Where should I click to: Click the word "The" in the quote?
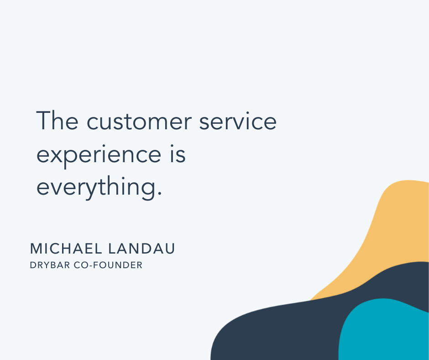[x=57, y=120]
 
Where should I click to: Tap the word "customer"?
[x=139, y=122]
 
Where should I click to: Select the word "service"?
[x=238, y=121]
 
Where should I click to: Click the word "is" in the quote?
[x=178, y=154]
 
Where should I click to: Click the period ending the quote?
[x=160, y=193]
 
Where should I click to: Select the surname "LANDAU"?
[x=141, y=249]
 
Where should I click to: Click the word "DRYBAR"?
[x=50, y=265]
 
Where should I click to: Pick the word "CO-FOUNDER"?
[x=108, y=265]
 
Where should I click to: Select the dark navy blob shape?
[x=287, y=329]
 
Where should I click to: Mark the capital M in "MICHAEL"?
[x=36, y=249]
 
